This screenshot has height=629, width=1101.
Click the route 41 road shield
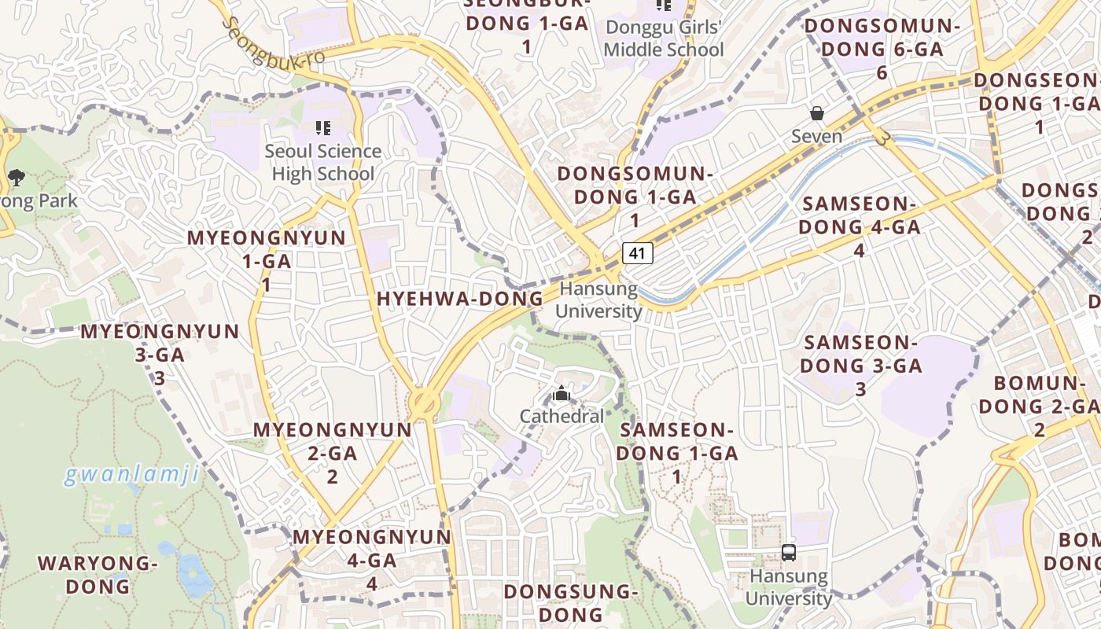coord(638,253)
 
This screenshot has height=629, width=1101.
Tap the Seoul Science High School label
coord(322,162)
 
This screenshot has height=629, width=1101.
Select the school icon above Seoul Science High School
coord(322,127)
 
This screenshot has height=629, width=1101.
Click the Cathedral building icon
coord(562,393)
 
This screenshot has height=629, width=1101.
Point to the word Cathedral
coord(562,416)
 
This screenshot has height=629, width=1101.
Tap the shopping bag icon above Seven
coord(817,114)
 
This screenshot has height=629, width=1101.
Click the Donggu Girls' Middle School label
coord(664,39)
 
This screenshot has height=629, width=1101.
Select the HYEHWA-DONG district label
coord(460,299)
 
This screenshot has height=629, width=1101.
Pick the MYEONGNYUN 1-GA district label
coord(266,260)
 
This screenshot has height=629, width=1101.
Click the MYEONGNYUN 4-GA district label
coord(372,559)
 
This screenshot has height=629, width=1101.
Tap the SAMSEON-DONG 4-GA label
coord(860,226)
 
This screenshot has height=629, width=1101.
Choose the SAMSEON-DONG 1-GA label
coord(677,453)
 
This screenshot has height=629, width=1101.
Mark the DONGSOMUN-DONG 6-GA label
coord(882,49)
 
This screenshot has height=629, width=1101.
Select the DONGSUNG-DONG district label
coord(568,602)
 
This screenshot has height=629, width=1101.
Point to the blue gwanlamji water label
coord(131,475)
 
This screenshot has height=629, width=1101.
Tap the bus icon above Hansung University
coord(789,552)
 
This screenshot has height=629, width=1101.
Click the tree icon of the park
coord(16,178)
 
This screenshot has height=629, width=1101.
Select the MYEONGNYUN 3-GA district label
coord(160,354)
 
